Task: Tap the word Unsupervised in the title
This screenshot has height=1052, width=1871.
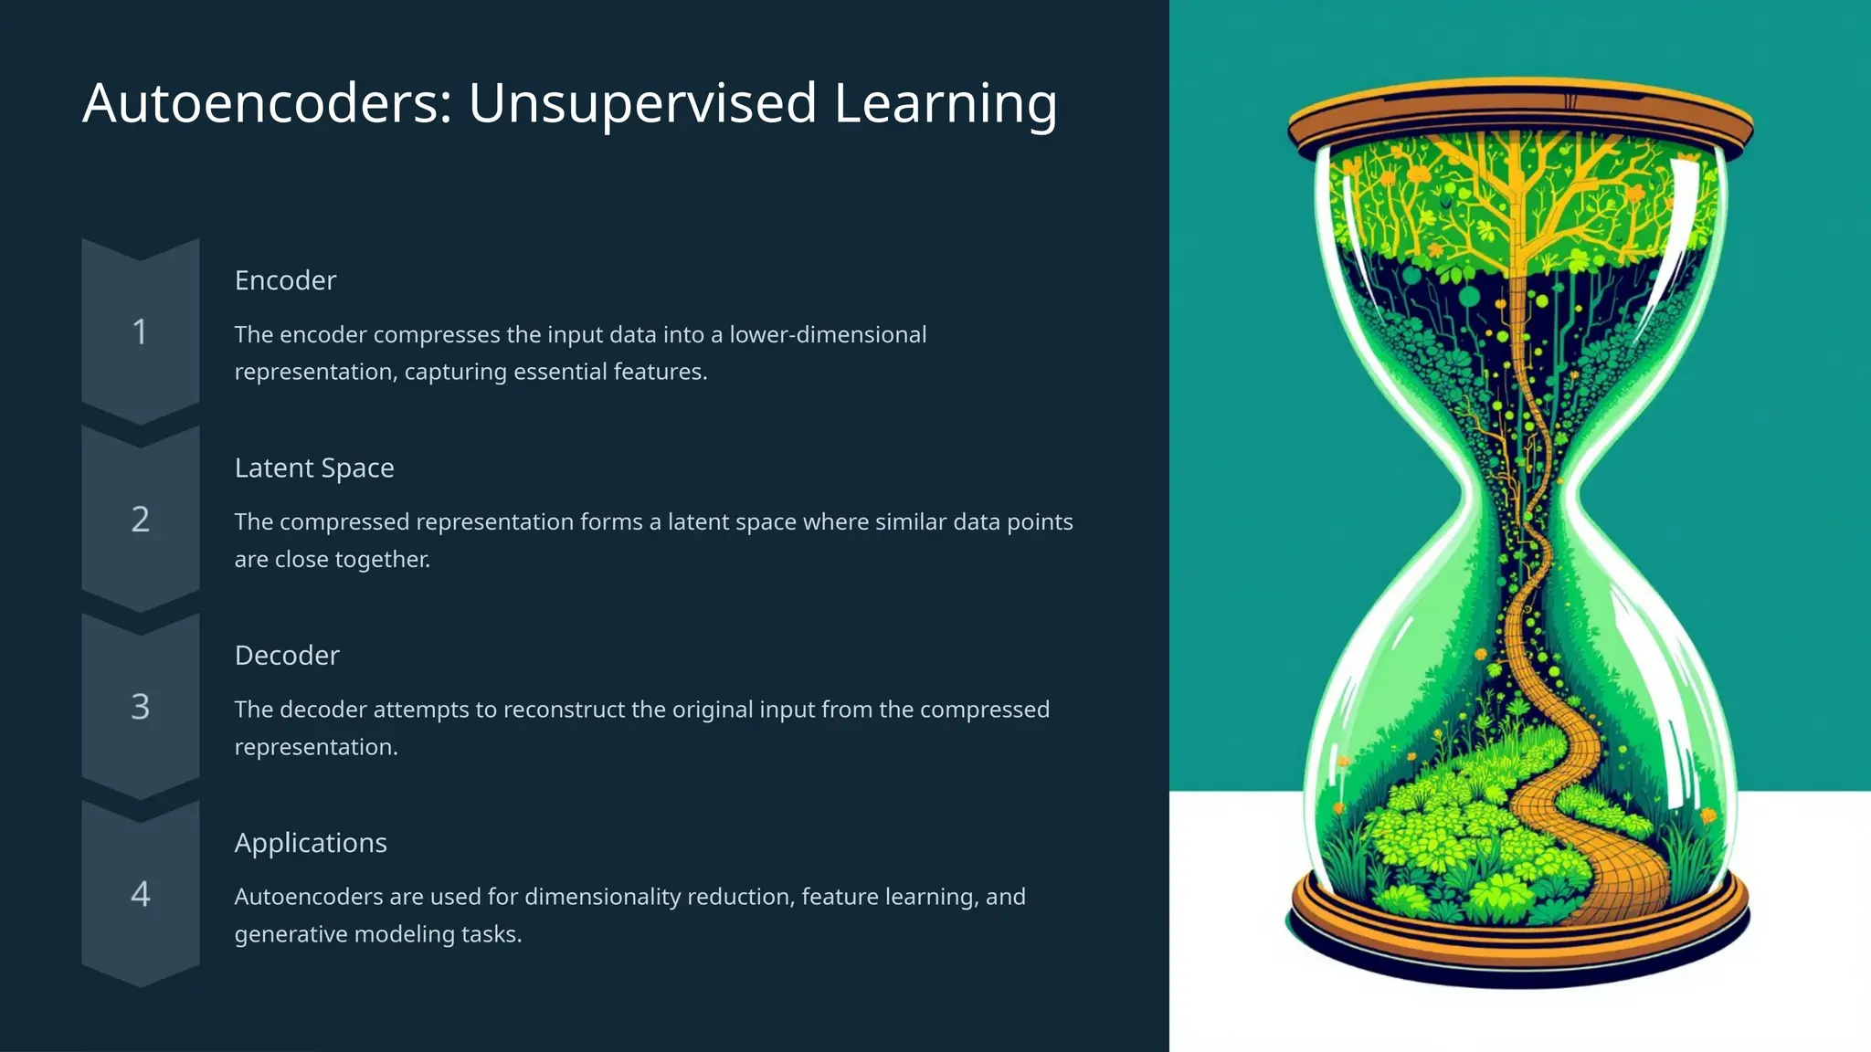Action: (642, 103)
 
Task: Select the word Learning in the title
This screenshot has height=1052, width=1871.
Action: (946, 103)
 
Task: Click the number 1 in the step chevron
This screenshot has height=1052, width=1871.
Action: (140, 331)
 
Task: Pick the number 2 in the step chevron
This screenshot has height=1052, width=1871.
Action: (140, 520)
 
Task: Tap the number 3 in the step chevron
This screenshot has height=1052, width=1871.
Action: (140, 707)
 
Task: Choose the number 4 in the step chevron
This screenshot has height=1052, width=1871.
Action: (140, 894)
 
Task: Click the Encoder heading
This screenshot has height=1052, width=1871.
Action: (285, 280)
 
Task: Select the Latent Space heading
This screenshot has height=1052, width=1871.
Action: (314, 468)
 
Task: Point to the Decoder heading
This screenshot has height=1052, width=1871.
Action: (287, 656)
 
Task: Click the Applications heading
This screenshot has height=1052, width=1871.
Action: (311, 843)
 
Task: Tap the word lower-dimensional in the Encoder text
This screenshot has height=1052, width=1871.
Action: (828, 335)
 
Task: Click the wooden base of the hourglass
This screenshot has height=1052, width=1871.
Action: (1520, 941)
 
